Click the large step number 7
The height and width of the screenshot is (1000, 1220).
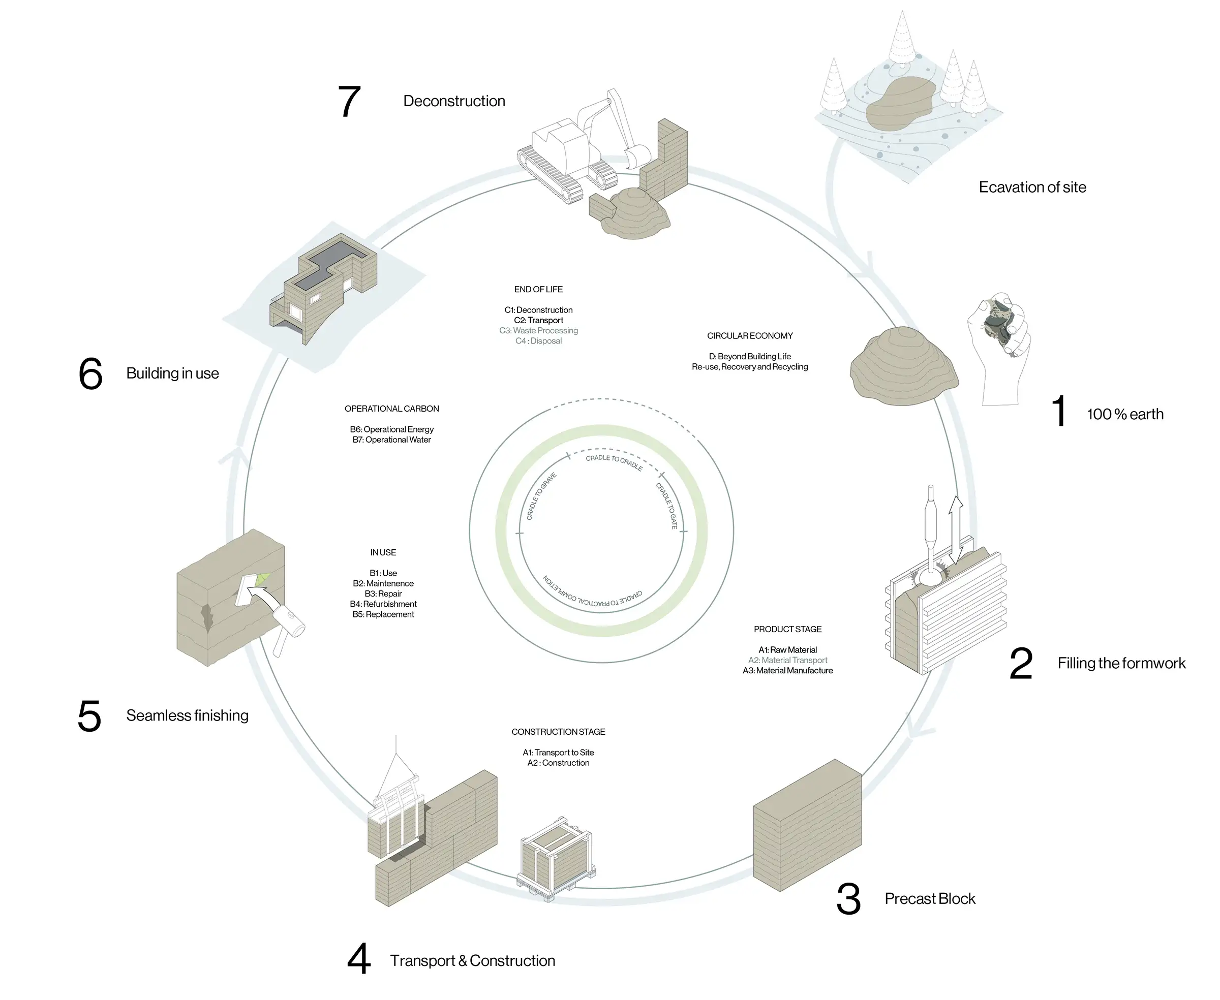(349, 102)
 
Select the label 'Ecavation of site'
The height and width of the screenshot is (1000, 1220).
(1031, 187)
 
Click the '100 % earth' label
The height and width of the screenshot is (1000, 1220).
(1124, 414)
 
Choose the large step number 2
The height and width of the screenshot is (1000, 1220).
(1021, 664)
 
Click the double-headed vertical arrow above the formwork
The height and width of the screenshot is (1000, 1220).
(956, 529)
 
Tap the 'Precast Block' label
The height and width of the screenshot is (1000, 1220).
(930, 898)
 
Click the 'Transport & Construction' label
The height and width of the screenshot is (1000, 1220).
(473, 960)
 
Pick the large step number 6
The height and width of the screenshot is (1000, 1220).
(90, 374)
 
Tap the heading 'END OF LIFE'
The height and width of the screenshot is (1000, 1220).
(538, 289)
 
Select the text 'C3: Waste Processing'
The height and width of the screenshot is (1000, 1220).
(538, 331)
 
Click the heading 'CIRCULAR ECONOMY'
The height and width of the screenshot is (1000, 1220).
(750, 336)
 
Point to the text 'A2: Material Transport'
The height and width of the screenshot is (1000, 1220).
(787, 660)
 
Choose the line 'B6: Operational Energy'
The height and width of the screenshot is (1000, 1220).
(391, 429)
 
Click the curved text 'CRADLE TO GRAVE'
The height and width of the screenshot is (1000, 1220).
(541, 496)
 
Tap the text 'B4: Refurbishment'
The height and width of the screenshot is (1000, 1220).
(383, 604)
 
